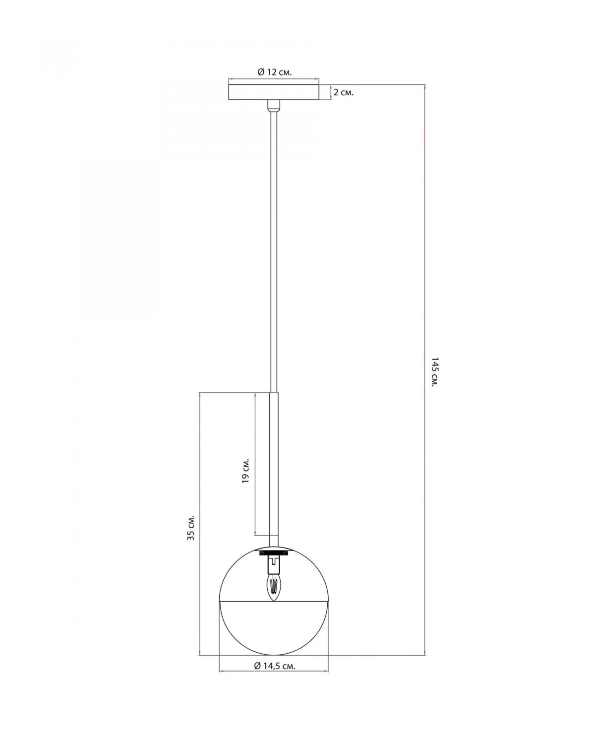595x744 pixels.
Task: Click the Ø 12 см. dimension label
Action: click(x=274, y=72)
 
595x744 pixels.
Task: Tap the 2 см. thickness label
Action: click(x=343, y=93)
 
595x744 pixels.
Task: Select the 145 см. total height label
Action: click(x=434, y=372)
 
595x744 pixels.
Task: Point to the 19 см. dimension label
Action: click(x=245, y=472)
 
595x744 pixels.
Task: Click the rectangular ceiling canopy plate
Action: click(x=274, y=92)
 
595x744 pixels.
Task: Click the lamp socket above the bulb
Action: click(x=274, y=564)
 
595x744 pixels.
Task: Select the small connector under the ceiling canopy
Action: click(x=274, y=106)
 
